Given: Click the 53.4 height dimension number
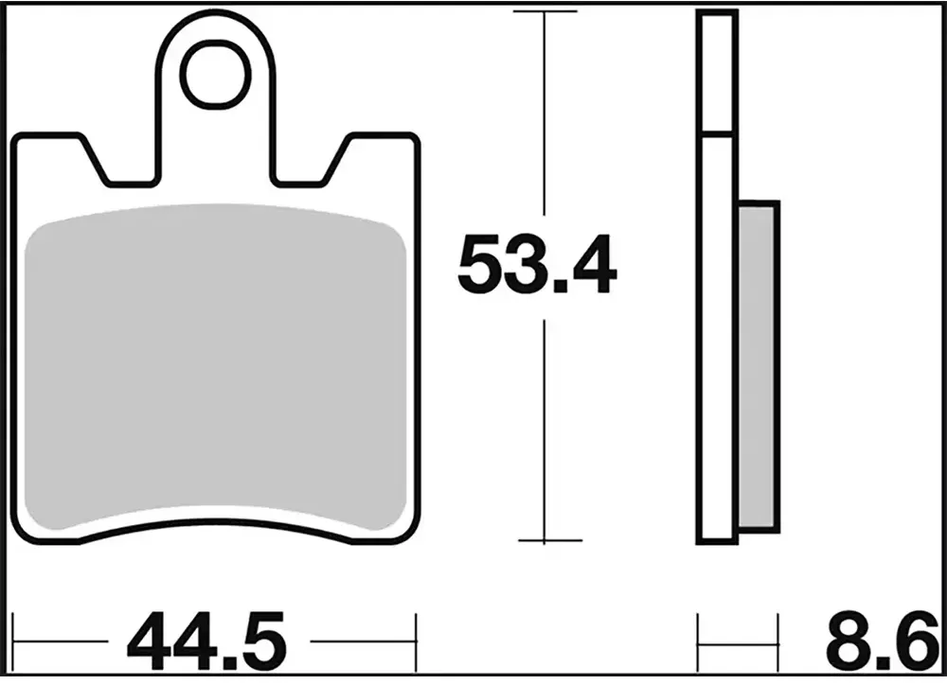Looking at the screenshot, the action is (x=537, y=265).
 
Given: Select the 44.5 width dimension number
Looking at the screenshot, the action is (x=205, y=641).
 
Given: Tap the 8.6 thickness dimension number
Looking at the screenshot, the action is (x=883, y=641).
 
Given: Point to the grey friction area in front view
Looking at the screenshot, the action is (x=216, y=365).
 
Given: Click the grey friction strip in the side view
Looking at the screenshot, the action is (x=757, y=367).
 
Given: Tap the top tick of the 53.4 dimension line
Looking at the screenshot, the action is (x=545, y=11).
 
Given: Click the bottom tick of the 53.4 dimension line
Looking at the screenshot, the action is (x=549, y=541).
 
